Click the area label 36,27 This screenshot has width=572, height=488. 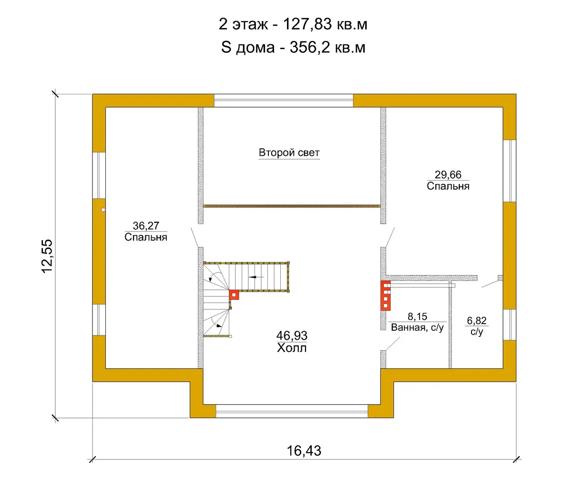[146, 226]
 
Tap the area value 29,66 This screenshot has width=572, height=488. [448, 175]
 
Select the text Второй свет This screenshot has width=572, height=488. [289, 152]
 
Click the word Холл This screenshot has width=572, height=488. [292, 348]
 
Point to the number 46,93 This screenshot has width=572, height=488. [292, 335]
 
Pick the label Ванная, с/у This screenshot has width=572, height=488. [417, 327]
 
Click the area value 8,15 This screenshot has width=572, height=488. [417, 316]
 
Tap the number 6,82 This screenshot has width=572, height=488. [477, 321]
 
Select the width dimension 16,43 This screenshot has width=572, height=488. [304, 451]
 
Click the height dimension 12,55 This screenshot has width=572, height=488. [47, 256]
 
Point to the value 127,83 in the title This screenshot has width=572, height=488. [307, 24]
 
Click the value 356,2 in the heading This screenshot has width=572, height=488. [310, 48]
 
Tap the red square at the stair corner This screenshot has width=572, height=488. [234, 295]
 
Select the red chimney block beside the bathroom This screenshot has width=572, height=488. [386, 295]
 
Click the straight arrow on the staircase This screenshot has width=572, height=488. [256, 276]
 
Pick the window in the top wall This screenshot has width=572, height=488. [284, 101]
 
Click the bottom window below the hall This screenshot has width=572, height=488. [292, 411]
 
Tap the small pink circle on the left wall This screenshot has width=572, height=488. [103, 210]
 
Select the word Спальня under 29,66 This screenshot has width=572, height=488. [448, 186]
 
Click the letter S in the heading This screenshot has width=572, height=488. [226, 48]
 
